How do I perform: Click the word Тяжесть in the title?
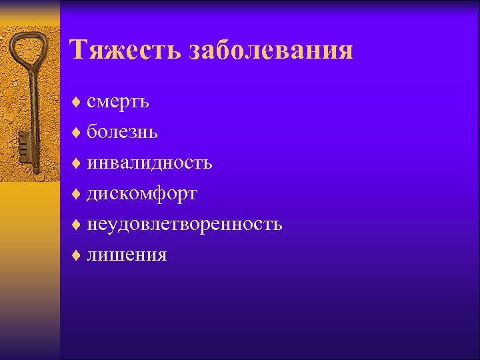125,50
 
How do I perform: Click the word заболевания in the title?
271,50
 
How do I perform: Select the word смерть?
117,102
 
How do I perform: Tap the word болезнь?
122,132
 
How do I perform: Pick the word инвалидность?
149,162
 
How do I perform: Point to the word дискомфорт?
142,193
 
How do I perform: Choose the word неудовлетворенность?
184,224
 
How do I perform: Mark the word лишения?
127,255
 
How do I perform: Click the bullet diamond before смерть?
77,102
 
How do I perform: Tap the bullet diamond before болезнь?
77,132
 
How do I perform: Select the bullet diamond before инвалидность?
77,163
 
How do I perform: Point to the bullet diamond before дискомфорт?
77,193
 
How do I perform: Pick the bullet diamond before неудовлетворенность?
77,224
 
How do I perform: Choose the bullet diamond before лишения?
77,255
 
